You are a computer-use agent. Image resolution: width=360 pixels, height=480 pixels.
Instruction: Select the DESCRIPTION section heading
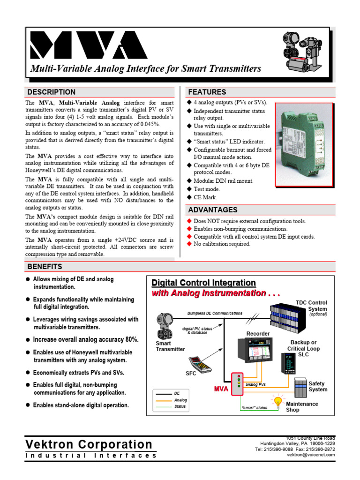click(x=51, y=92)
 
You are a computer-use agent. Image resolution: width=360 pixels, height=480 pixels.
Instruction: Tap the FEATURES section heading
click(x=207, y=92)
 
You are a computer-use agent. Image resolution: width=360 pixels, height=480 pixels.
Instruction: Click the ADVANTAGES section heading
click(x=212, y=210)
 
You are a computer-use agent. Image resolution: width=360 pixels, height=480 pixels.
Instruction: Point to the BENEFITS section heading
click(x=45, y=267)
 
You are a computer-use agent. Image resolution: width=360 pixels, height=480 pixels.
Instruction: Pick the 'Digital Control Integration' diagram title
click(x=203, y=283)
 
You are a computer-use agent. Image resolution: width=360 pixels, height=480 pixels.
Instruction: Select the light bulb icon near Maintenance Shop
click(x=278, y=402)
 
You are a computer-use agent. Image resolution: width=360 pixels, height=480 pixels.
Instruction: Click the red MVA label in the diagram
click(x=221, y=389)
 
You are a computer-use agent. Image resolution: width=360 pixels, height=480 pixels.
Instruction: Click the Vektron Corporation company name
click(x=89, y=444)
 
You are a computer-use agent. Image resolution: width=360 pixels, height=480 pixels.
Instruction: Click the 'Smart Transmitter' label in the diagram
click(x=170, y=346)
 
